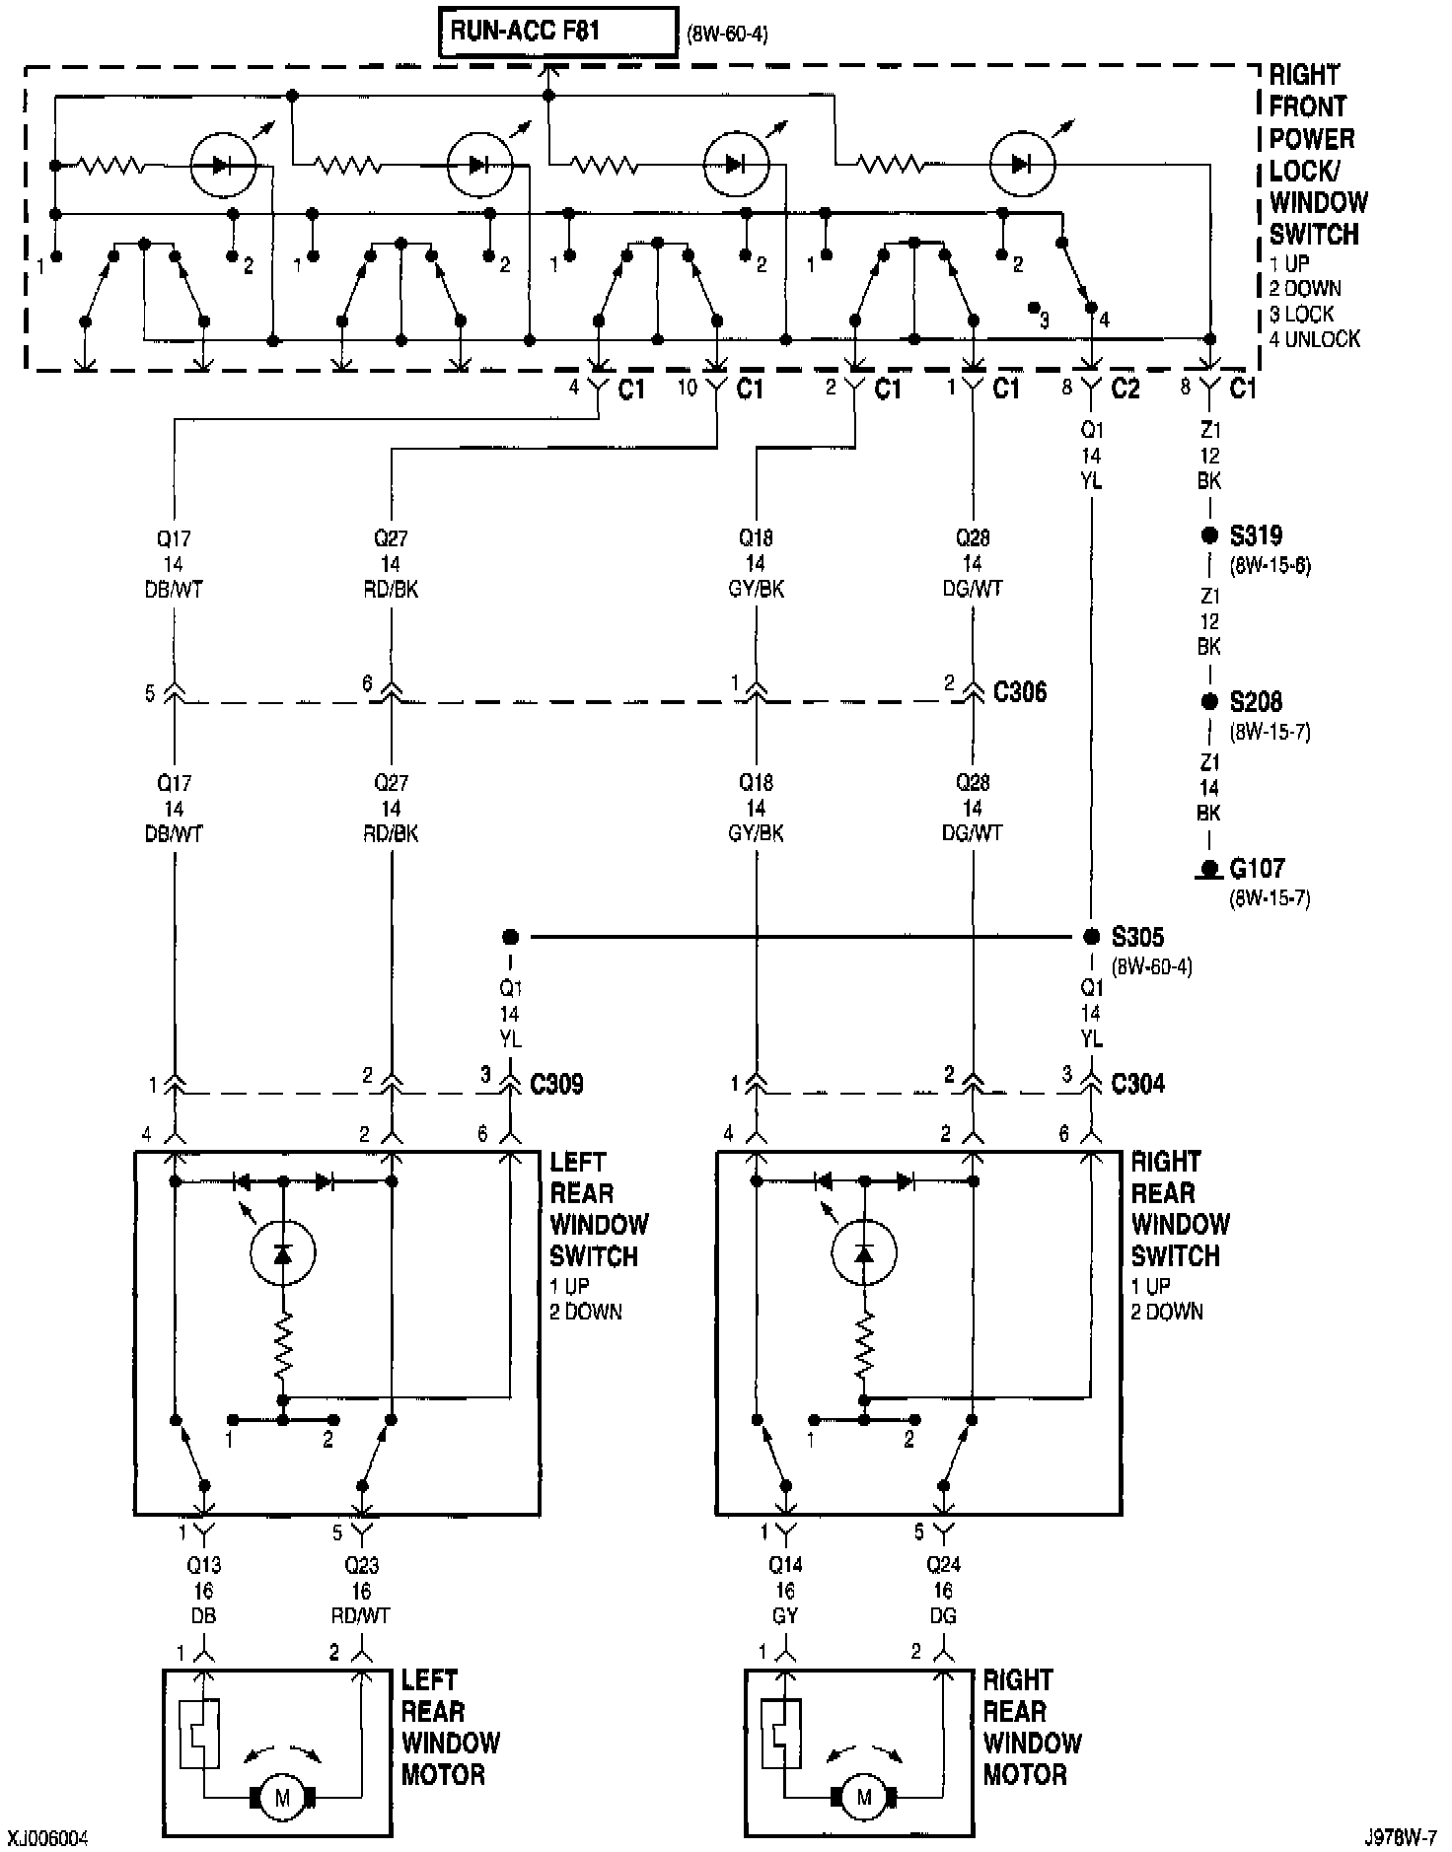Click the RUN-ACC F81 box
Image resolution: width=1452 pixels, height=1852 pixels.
point(558,32)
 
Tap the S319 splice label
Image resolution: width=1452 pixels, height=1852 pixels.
point(1255,536)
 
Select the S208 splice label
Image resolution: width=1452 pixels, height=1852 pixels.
point(1255,702)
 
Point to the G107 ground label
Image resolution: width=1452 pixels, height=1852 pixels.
point(1257,868)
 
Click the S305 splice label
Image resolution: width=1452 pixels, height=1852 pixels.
point(1137,936)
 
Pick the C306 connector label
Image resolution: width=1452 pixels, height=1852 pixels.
point(1020,691)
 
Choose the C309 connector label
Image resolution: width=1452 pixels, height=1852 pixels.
point(556,1084)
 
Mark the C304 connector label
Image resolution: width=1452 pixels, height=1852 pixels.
point(1137,1084)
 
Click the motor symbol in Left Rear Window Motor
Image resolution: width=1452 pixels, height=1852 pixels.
point(283,1798)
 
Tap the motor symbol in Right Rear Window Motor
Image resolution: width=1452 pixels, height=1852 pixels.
point(865,1798)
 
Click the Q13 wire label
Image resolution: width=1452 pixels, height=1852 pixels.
point(204,1565)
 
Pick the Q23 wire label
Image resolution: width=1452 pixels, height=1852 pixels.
point(362,1565)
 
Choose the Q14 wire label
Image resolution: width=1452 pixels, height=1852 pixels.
point(786,1565)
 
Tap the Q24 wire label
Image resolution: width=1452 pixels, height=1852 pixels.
point(944,1565)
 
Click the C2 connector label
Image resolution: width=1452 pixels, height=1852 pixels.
point(1125,389)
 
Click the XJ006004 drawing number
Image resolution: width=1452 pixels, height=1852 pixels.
point(49,1838)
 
